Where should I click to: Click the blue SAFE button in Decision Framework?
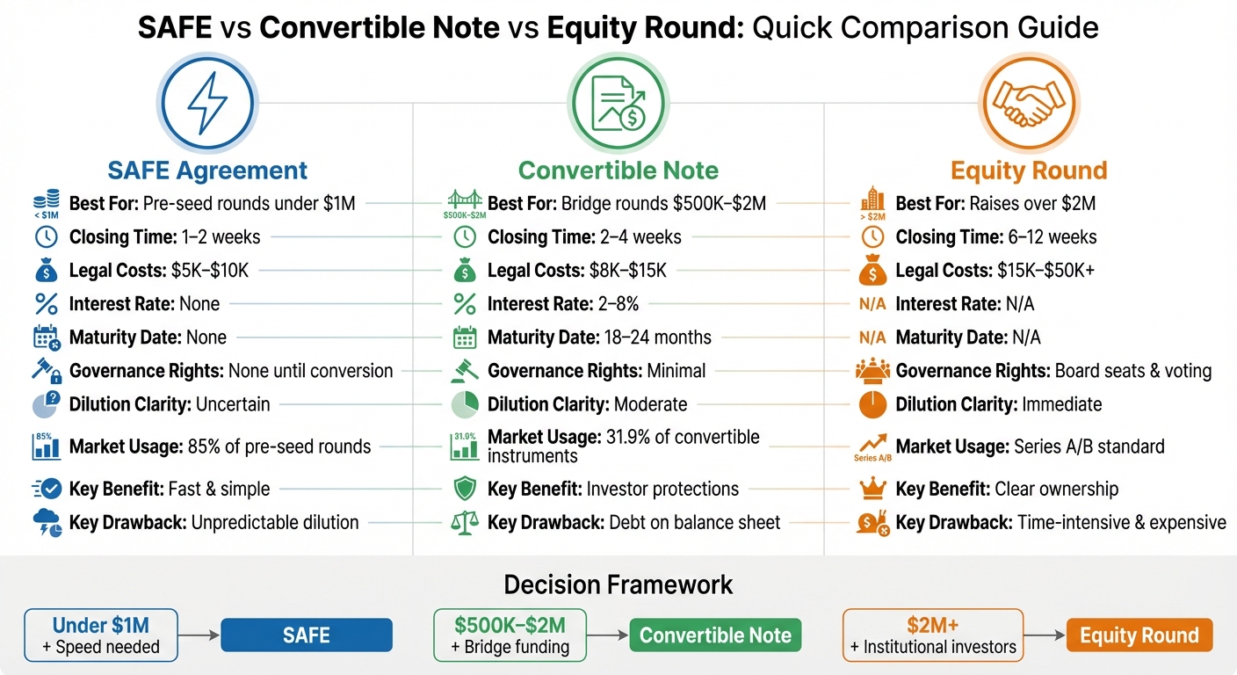[306, 635]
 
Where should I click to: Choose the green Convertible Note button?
[715, 635]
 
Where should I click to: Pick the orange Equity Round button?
[1139, 635]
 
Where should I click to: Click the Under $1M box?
[101, 635]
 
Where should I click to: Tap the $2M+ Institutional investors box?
[933, 635]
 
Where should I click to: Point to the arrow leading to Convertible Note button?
[607, 635]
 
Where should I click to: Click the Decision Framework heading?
[618, 584]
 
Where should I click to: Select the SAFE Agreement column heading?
[207, 170]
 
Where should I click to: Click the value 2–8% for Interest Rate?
[618, 304]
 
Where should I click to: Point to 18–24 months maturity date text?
[658, 337]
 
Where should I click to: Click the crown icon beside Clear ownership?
[872, 489]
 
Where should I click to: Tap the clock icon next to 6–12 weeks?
[872, 237]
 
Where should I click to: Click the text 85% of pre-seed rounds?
[279, 446]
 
